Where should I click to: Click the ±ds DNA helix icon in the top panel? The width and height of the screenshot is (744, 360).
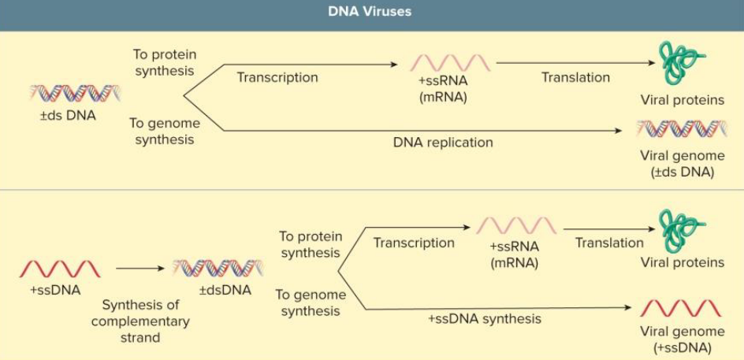[x=75, y=94]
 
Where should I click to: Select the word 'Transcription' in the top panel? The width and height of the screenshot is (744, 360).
[x=277, y=77]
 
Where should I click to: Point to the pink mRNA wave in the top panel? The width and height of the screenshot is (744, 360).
[x=450, y=63]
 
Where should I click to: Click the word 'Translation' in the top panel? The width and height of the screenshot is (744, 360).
[x=575, y=77]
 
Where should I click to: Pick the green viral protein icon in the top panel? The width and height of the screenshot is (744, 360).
[x=680, y=62]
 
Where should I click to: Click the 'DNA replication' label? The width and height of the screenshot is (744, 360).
[x=443, y=143]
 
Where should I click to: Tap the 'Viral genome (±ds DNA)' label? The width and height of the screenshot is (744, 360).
[x=682, y=164]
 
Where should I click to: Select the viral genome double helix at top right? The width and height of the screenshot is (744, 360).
[x=682, y=128]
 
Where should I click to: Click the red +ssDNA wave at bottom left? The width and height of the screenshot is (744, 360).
[x=60, y=269]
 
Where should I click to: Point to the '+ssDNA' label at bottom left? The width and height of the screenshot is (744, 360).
[x=55, y=290]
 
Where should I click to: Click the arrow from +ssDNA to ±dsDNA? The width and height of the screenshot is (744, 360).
[x=140, y=269]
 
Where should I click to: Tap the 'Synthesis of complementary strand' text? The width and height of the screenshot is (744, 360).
[x=140, y=321]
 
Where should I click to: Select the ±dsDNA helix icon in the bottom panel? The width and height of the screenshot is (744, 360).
[x=218, y=268]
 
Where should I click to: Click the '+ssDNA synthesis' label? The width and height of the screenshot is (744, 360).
[x=485, y=319]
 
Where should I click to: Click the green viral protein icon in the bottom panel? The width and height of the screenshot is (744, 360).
[x=680, y=229]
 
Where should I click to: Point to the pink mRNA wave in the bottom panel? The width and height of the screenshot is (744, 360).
[x=516, y=226]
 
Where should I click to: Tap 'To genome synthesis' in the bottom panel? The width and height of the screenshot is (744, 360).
[x=310, y=303]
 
